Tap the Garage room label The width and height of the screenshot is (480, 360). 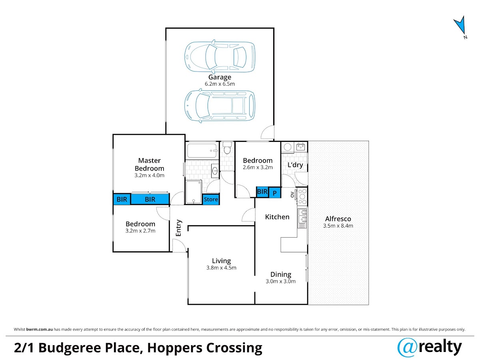click(220, 77)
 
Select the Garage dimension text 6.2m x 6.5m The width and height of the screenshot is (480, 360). click(220, 84)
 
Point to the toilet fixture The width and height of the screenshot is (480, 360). click(227, 148)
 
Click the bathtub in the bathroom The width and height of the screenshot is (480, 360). click(202, 150)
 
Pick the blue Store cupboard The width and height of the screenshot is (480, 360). click(210, 199)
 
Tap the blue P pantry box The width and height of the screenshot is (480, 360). click(275, 193)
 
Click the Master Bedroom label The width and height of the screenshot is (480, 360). click(149, 164)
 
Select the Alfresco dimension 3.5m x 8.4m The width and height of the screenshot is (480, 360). click(338, 226)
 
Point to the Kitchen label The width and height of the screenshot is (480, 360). click(277, 217)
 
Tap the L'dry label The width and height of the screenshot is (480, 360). click(295, 165)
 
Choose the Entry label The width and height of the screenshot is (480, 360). click(179, 228)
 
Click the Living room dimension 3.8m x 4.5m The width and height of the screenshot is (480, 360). click(221, 268)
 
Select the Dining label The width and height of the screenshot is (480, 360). click(281, 274)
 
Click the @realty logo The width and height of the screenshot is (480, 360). click(429, 348)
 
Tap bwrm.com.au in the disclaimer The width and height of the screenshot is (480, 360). click(39, 329)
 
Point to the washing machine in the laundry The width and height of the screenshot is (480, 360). click(287, 147)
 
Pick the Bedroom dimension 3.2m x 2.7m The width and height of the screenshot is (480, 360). click(140, 231)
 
